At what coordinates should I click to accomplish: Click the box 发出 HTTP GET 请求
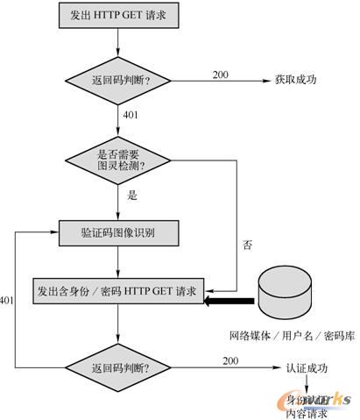[118, 17]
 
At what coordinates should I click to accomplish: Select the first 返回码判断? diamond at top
[118, 79]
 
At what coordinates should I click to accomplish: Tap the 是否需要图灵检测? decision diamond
[118, 160]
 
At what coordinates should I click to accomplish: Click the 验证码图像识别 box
[118, 232]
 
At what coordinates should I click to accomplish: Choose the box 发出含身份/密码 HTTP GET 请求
[118, 289]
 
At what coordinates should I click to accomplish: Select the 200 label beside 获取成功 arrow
[221, 74]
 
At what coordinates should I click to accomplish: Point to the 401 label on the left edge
[8, 301]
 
